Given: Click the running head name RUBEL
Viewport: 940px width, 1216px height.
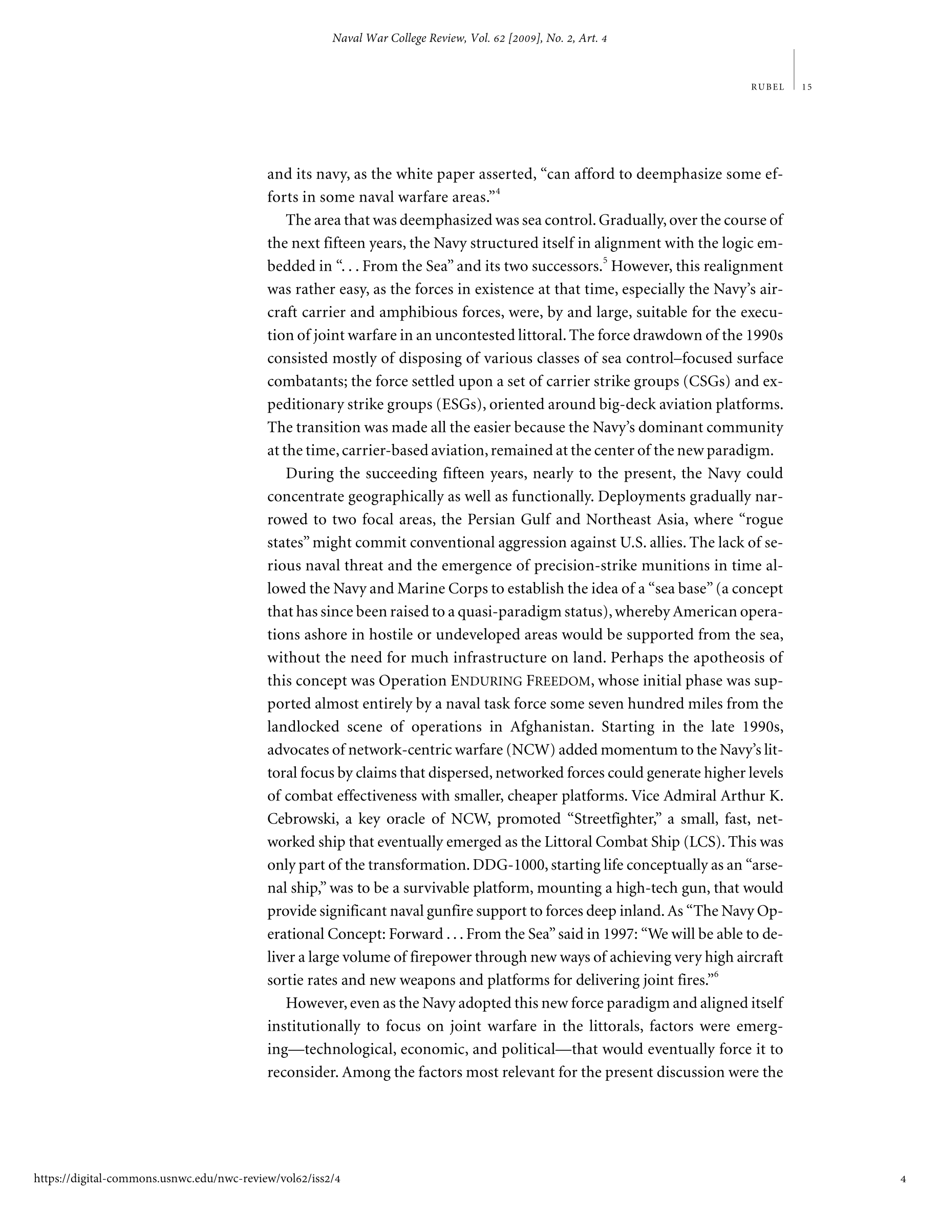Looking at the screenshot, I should click(x=767, y=87).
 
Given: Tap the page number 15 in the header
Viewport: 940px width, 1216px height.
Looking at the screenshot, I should click(x=807, y=87).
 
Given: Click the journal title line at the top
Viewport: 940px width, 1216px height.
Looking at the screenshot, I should click(x=469, y=38).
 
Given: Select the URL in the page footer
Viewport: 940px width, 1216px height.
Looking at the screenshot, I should click(x=187, y=1178).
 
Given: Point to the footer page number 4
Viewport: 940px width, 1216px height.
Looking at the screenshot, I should click(x=903, y=1178).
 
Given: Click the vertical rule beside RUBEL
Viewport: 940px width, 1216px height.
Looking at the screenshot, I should click(x=794, y=70).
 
